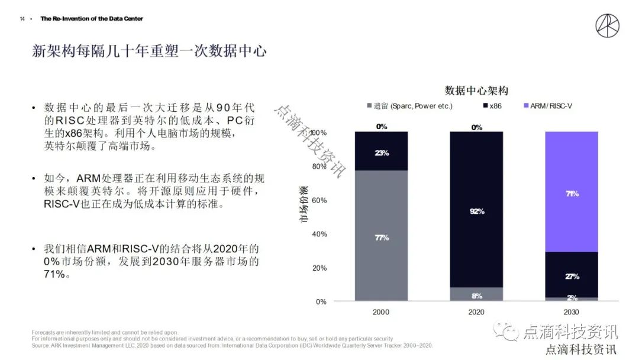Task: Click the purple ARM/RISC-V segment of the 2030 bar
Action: (x=572, y=172)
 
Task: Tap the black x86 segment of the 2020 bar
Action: (x=476, y=178)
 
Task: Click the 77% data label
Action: (x=382, y=238)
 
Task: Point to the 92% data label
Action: (x=477, y=211)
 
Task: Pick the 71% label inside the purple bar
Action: (x=572, y=194)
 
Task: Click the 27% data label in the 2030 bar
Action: (x=572, y=277)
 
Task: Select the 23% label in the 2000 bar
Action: (x=382, y=153)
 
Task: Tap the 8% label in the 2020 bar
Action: (x=477, y=296)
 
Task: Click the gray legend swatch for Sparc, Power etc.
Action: (x=369, y=106)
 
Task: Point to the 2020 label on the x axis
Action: (x=476, y=312)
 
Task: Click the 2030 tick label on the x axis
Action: (x=572, y=312)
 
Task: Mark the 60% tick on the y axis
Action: (x=319, y=200)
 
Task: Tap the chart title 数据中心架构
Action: (x=476, y=91)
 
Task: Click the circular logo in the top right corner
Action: (x=608, y=26)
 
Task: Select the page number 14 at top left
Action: (x=22, y=19)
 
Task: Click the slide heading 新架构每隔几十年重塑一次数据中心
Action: (x=149, y=52)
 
